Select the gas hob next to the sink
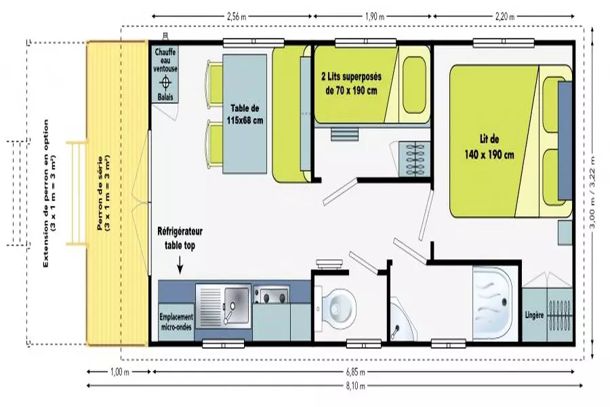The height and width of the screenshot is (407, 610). click(270, 295)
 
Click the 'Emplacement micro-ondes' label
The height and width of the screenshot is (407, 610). click(176, 322)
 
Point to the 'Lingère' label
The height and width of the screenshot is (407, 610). click(534, 315)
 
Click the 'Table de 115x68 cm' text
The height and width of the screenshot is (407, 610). click(245, 114)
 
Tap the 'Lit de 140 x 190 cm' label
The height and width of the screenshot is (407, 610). click(489, 147)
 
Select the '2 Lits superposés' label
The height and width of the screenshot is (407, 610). click(351, 77)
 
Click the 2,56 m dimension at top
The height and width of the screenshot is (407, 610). click(237, 16)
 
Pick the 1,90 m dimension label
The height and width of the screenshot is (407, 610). click(375, 16)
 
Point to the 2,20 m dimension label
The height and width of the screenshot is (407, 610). click(505, 16)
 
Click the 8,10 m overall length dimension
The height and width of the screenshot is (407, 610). click(356, 386)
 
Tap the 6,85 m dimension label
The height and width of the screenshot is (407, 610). click(356, 372)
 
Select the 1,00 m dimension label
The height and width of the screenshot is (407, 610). click(120, 372)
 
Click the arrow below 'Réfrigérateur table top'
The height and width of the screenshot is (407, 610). click(180, 265)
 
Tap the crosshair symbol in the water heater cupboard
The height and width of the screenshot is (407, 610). click(166, 82)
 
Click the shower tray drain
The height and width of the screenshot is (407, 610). click(504, 301)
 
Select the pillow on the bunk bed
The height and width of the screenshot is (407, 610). click(414, 85)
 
